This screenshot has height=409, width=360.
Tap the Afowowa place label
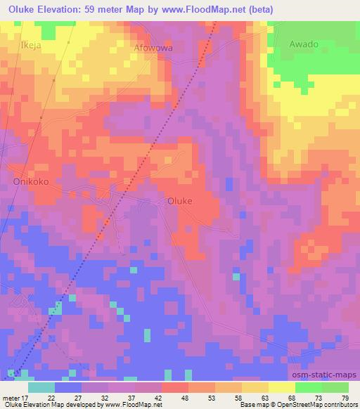pos(153,48)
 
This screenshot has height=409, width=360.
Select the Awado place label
pos(304,44)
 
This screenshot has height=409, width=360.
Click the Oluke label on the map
pos(180,200)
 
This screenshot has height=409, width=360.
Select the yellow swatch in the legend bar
pos(281,387)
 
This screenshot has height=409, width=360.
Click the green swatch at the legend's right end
pos(335,387)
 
